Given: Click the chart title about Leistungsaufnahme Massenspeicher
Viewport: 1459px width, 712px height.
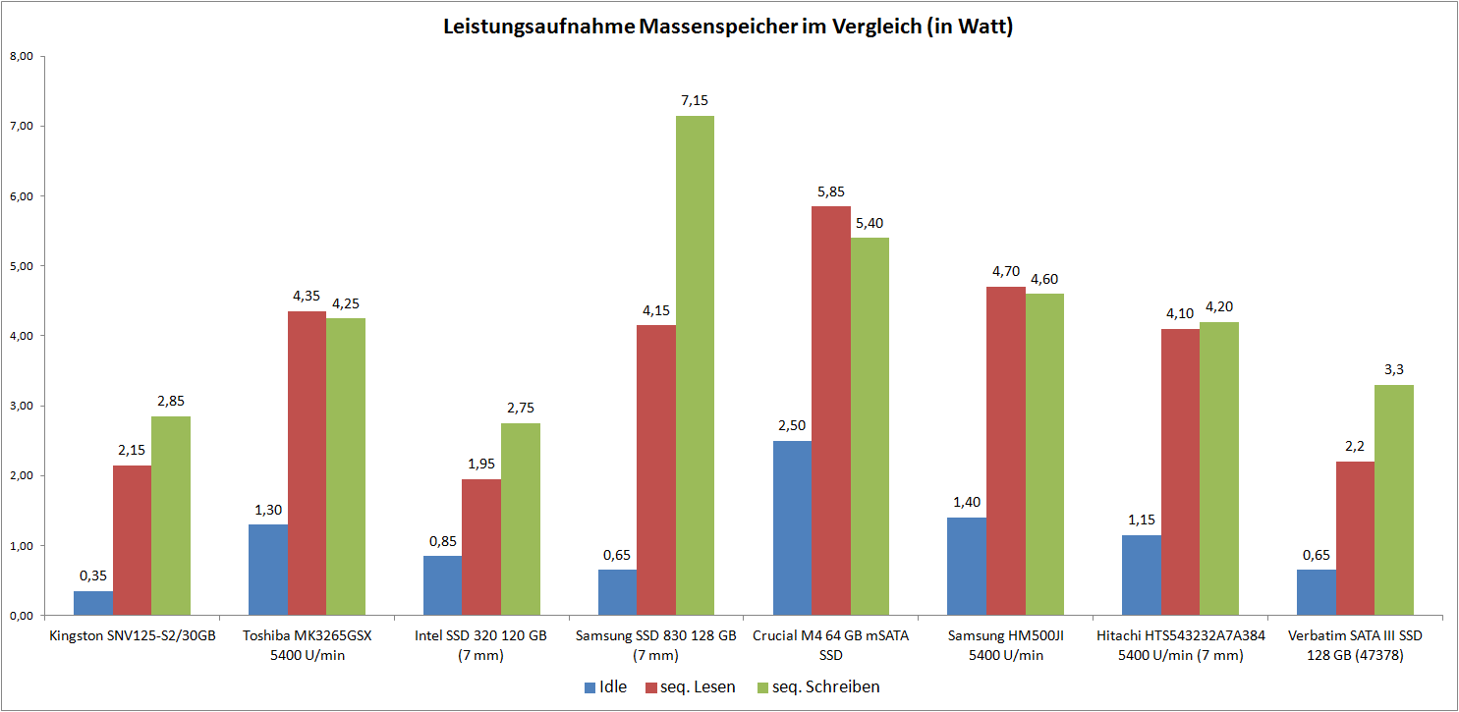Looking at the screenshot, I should [x=728, y=27].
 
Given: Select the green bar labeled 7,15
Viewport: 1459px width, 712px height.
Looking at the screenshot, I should [x=695, y=365].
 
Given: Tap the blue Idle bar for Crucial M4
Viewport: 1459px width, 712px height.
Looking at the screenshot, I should [x=792, y=528].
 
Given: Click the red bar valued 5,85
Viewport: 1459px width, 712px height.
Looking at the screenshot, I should [x=831, y=411].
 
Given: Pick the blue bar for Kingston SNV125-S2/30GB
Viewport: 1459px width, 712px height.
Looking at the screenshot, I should [x=93, y=603].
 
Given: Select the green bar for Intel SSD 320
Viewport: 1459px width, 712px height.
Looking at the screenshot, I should [x=520, y=519].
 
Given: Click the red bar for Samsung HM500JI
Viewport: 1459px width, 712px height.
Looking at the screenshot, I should [x=1006, y=451].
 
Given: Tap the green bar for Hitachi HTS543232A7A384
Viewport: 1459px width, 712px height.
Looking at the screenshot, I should [x=1219, y=468].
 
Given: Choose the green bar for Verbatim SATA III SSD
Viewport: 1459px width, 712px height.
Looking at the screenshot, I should [x=1393, y=500].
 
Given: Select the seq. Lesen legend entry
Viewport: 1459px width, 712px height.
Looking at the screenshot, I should [x=690, y=687].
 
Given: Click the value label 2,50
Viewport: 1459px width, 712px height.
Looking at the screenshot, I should [x=792, y=425].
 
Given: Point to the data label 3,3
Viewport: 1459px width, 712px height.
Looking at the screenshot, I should [x=1393, y=369].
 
